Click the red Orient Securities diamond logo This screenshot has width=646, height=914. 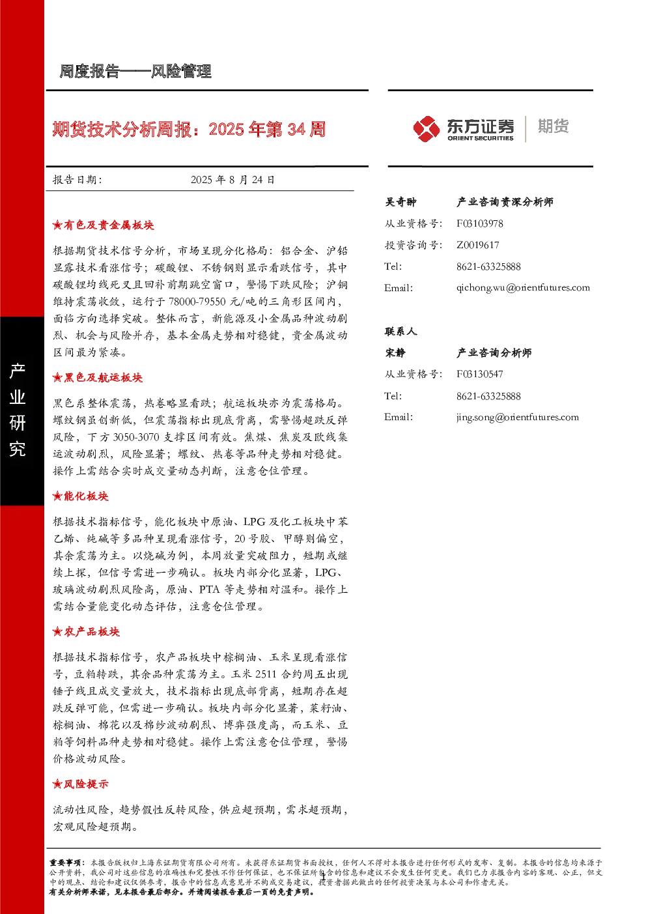coord(426,128)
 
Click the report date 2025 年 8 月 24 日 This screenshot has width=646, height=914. coord(232,180)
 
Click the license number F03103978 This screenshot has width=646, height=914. coord(479,223)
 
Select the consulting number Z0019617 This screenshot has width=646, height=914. coord(477,245)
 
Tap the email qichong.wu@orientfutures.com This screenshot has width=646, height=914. coord(523,288)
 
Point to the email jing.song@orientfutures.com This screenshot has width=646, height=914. coord(518,417)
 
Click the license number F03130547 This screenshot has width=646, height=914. coord(479,374)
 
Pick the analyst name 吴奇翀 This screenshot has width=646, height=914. coord(400,202)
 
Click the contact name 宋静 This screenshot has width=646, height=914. coord(395,352)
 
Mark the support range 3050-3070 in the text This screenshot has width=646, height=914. coord(136,437)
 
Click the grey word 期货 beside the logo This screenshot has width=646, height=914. coord(553,126)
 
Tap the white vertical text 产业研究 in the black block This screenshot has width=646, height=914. coord(18,410)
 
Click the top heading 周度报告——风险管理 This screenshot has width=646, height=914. coord(135,72)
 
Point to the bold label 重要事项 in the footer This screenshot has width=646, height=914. coord(65,863)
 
